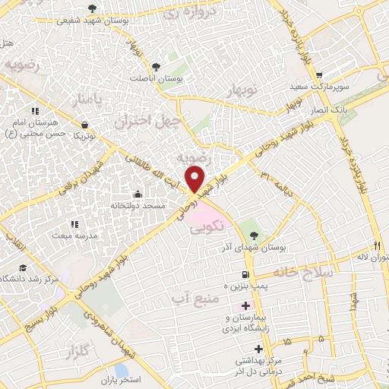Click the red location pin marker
click(x=196, y=179)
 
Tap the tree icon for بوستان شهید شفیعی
click(x=93, y=8)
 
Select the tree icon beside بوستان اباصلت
click(x=157, y=66)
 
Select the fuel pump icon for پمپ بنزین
click(x=243, y=274)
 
